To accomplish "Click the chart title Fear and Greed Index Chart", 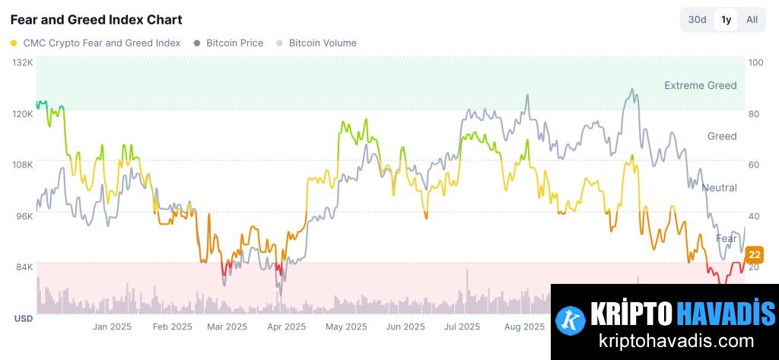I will point(96,19).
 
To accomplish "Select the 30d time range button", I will point(697,20).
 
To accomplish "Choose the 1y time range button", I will point(726,20).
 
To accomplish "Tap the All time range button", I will point(752,20).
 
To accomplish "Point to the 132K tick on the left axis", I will point(24,62).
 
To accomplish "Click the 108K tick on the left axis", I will point(24,164).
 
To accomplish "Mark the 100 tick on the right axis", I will point(755,62).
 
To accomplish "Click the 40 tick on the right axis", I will point(754,216).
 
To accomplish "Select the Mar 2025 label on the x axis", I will point(227,327).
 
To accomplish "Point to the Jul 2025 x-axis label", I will point(462,327).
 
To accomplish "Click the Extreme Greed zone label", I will point(700,85).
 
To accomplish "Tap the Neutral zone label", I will point(719,187).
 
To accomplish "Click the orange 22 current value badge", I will point(755,254).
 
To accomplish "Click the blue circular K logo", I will point(571,320).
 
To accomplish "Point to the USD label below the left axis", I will point(24,319).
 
